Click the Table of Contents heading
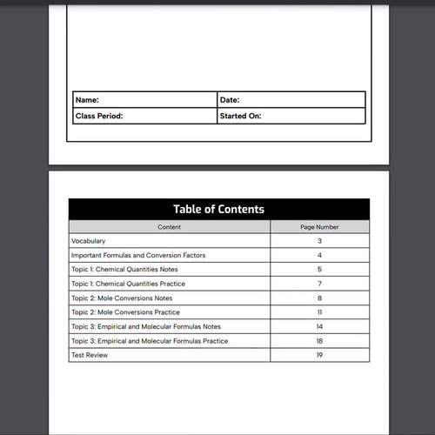coord(218,209)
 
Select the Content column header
coord(170,227)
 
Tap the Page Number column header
coord(319,227)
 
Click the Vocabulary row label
coord(88,241)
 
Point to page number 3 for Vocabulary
coord(319,241)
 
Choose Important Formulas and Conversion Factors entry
coord(138,255)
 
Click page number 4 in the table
coord(319,255)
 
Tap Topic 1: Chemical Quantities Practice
coord(129,284)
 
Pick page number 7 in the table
coord(319,284)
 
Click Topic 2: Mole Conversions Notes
coord(122,298)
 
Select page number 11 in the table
coord(319,312)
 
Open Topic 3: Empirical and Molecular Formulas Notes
coord(146,327)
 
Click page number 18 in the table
coord(319,341)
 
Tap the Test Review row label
coord(90,356)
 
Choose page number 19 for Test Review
coord(319,356)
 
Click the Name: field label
coord(87,100)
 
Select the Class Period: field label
coord(99,116)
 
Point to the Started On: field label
coord(241,116)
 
